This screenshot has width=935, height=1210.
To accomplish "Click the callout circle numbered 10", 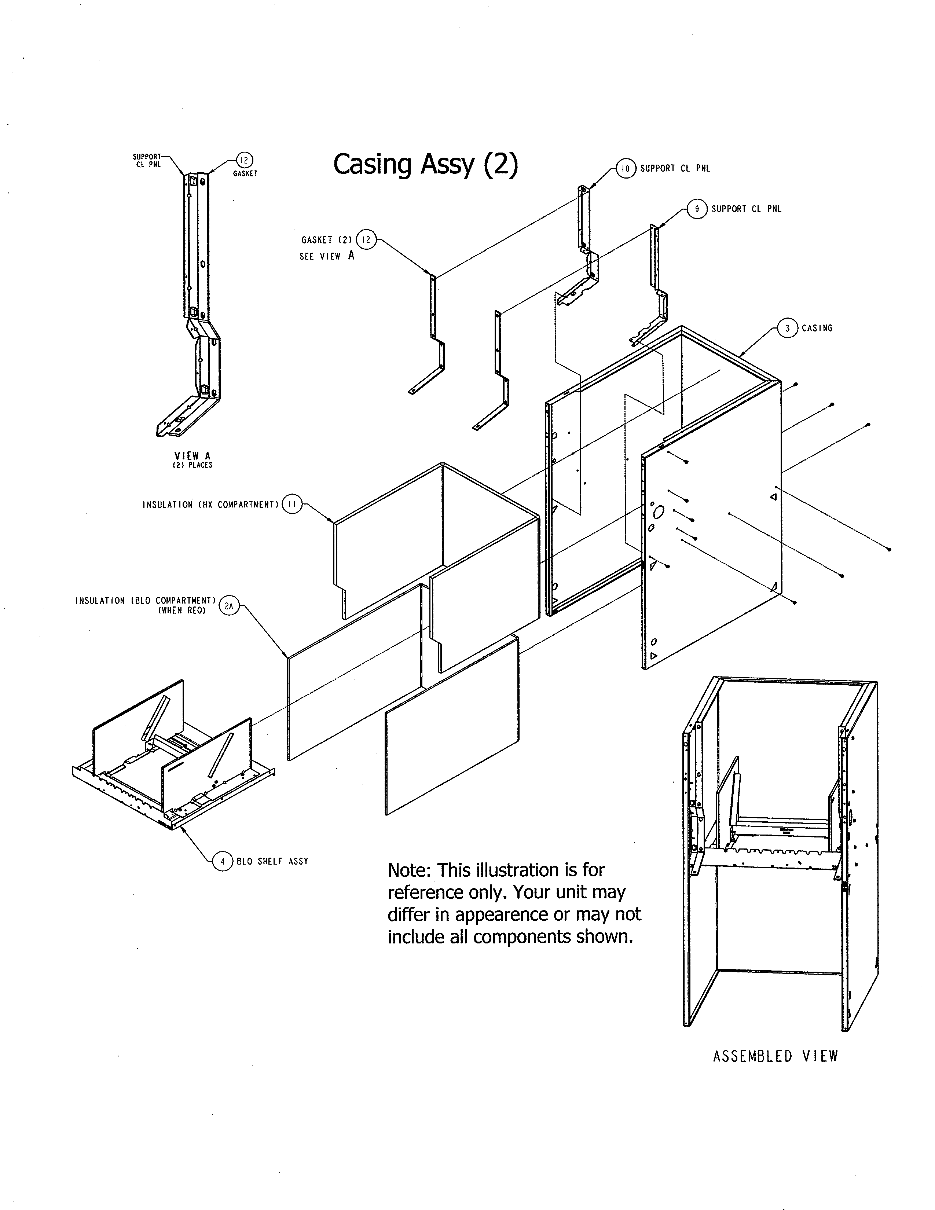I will coord(626,168).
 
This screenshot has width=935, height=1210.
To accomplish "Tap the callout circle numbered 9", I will coord(697,209).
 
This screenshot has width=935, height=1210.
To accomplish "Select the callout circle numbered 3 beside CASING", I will coord(788,328).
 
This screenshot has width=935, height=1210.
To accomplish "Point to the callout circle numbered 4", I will coord(223,861).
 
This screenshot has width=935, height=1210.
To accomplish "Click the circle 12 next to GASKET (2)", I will coord(366,239).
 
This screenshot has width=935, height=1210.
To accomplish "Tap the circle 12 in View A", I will coord(244,160).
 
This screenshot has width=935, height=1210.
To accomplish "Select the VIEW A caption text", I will coord(192,456).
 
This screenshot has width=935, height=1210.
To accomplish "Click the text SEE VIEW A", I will coord(326,256).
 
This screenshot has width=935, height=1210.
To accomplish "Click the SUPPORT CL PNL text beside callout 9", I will coord(746,209).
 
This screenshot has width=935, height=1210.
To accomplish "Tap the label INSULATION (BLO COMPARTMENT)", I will coord(145,601).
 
